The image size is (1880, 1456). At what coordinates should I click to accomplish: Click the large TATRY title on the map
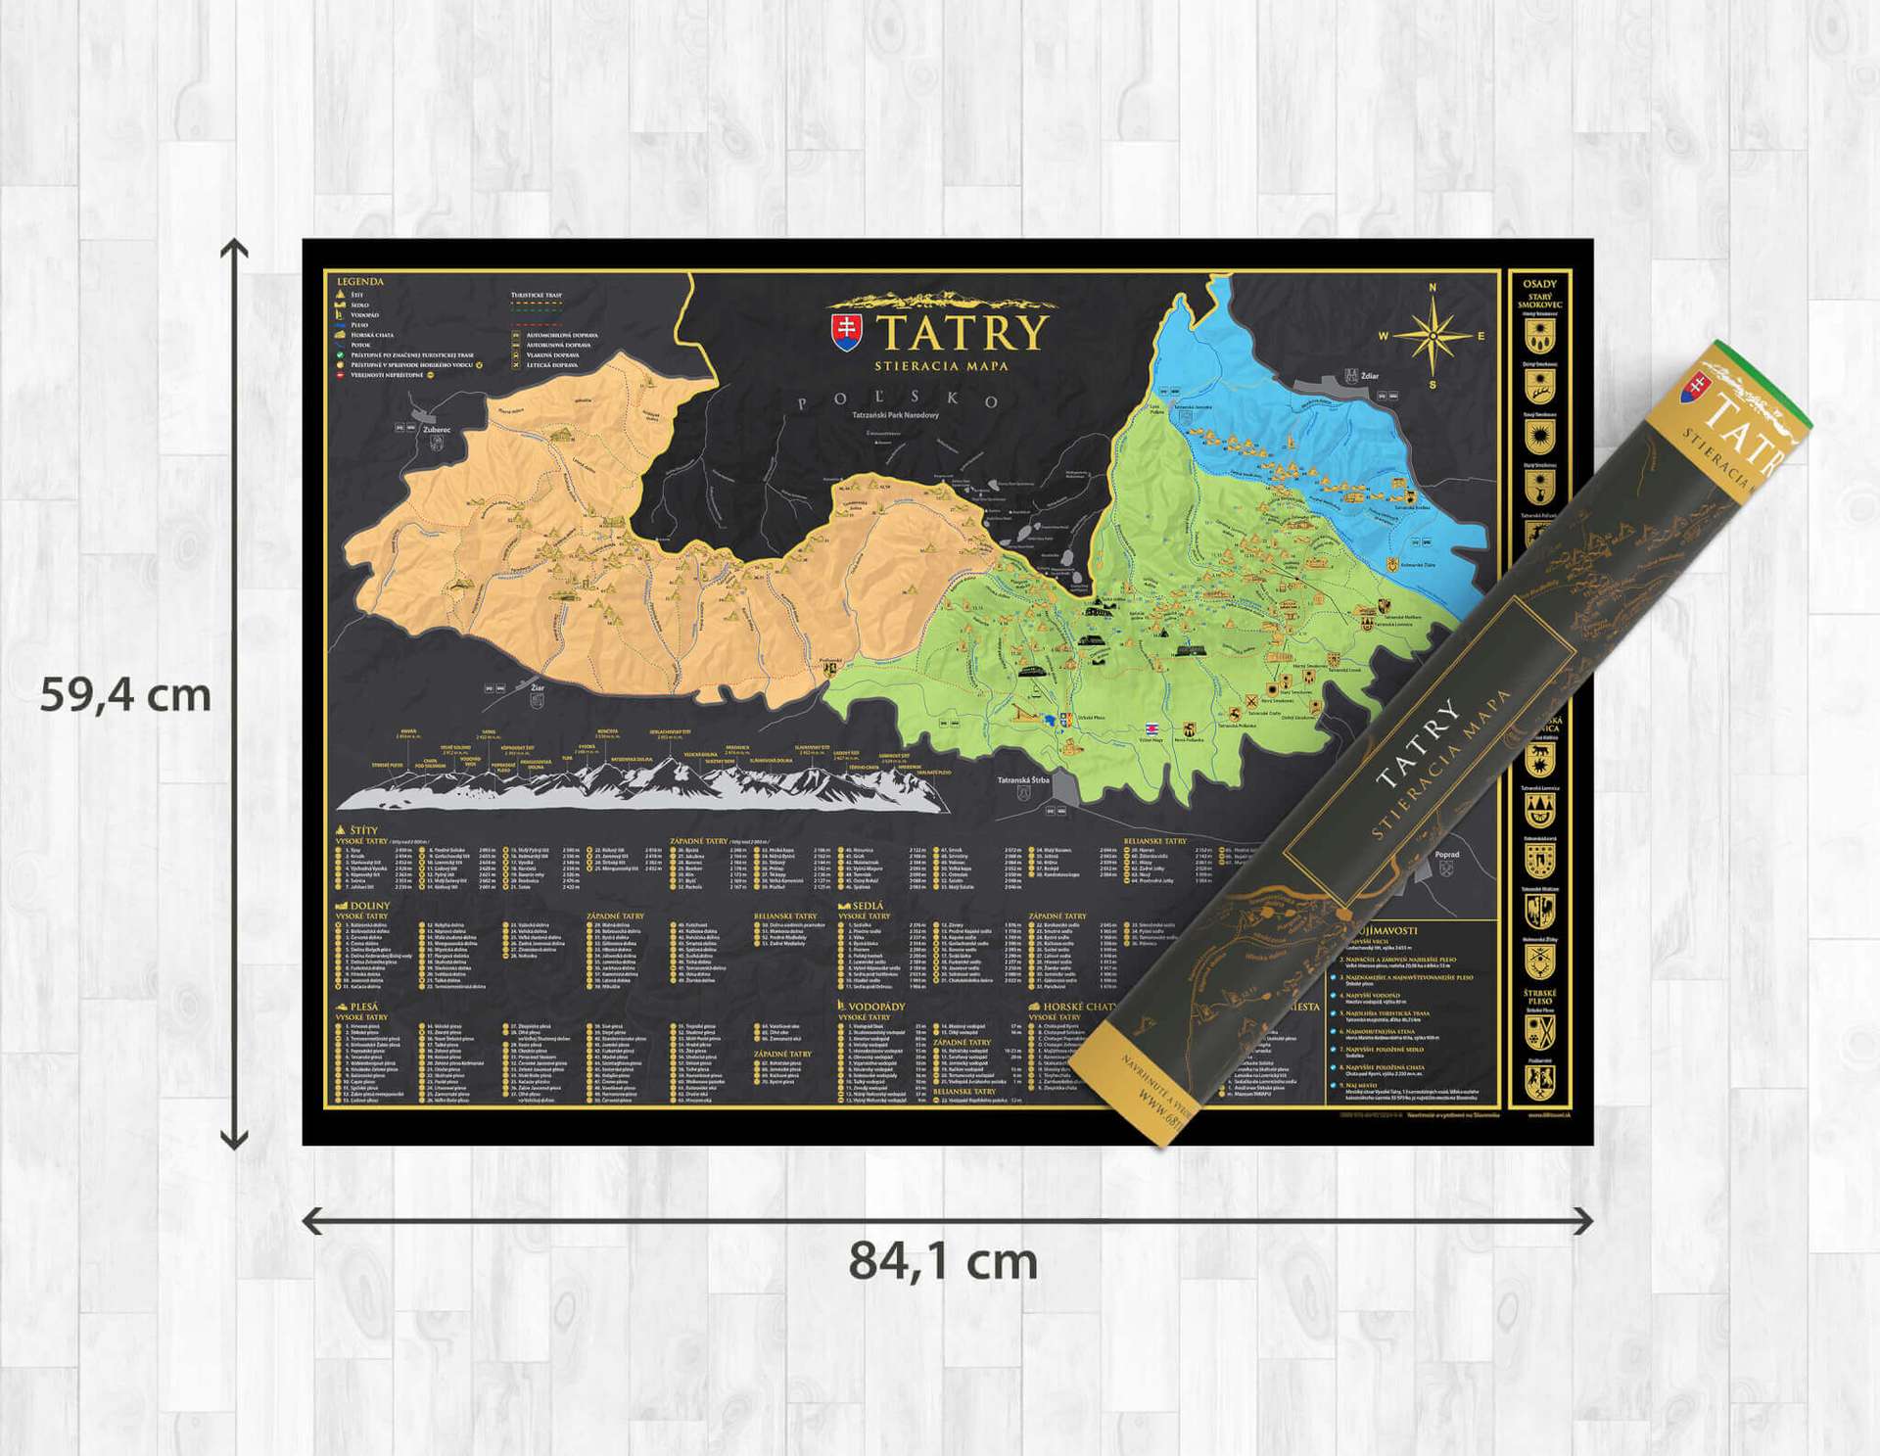963,332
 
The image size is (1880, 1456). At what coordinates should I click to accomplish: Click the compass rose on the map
1433,336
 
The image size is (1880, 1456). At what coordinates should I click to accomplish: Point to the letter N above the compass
1433,288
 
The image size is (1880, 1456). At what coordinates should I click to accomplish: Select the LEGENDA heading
359,282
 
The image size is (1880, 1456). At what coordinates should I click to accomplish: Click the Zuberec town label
437,429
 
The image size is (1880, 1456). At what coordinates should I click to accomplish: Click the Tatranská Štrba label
1023,780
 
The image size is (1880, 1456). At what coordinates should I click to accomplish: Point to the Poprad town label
1446,854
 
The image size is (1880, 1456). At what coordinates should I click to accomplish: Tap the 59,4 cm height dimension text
125,696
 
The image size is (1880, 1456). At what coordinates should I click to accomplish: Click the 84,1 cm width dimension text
942,1262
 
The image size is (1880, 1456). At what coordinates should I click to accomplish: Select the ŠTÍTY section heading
362,830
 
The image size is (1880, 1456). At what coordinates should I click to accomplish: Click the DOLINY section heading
368,906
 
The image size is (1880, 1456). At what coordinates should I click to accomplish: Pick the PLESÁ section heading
363,1007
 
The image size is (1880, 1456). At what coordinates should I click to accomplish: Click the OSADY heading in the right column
1539,284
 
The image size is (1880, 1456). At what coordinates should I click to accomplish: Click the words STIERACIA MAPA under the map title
941,366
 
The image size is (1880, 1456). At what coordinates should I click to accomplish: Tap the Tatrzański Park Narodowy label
895,415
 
